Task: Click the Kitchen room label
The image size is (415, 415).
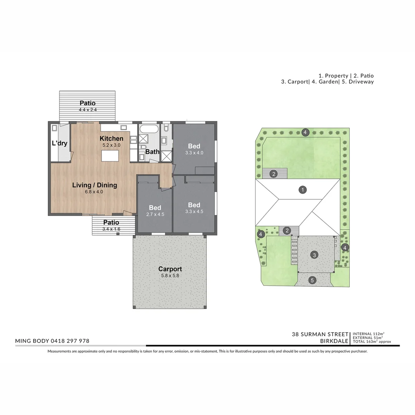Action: [111, 138]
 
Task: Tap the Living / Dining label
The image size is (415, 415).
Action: [95, 185]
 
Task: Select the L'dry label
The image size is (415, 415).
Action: [60, 143]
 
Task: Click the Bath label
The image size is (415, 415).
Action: [153, 152]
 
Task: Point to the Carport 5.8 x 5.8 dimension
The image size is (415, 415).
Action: [170, 276]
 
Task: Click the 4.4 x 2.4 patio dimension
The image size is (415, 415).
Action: [88, 110]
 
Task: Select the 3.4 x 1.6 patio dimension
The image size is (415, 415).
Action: [111, 229]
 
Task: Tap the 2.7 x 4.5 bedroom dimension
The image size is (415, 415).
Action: [155, 214]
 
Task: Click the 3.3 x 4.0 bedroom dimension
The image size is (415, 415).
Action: [194, 153]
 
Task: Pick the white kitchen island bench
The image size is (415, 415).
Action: [110, 156]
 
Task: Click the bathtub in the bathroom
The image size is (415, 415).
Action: [149, 129]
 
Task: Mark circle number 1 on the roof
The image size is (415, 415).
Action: [302, 189]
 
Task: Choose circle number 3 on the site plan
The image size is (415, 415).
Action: [314, 255]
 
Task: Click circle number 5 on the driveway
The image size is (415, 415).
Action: [312, 280]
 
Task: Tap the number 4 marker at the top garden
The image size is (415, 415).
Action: [305, 132]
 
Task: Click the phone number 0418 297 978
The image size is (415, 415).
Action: [70, 341]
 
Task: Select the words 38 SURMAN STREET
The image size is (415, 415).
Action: [320, 334]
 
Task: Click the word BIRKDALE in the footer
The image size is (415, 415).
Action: [334, 341]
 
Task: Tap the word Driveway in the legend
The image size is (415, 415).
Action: [361, 82]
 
